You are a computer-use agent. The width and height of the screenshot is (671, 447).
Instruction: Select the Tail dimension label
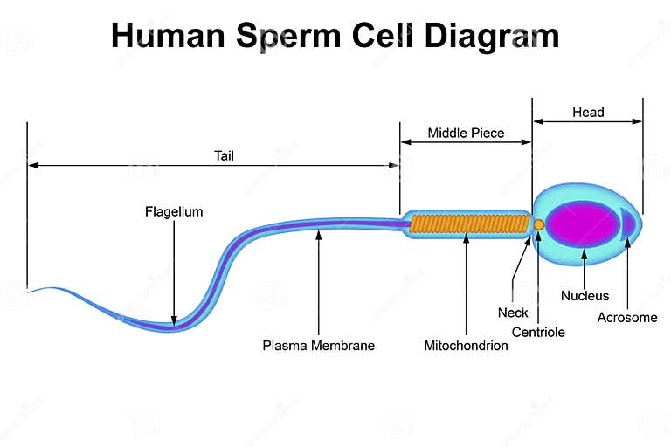pos(225,156)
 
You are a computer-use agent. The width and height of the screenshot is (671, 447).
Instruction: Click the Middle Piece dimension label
pos(466,134)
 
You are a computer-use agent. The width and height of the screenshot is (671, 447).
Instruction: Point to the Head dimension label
pos(588,112)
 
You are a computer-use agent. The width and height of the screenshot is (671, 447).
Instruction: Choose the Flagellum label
pos(174,211)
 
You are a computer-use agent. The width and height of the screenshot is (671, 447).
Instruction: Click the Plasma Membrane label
pos(319,346)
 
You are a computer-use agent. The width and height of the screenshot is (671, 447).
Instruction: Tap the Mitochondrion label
pos(466,346)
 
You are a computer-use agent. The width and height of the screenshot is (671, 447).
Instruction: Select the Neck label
pos(513,313)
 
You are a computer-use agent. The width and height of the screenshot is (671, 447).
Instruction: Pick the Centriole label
pos(538,332)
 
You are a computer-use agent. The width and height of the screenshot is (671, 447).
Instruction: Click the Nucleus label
pos(585,296)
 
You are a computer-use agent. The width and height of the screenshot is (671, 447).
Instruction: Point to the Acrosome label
pos(626,318)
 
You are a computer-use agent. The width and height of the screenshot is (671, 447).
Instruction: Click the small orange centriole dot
pos(539,224)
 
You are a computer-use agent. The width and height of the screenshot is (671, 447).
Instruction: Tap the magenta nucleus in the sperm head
pos(584,224)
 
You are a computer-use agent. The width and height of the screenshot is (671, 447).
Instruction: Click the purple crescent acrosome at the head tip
pos(627,224)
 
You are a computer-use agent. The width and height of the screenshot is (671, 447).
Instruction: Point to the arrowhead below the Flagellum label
pos(174,320)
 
